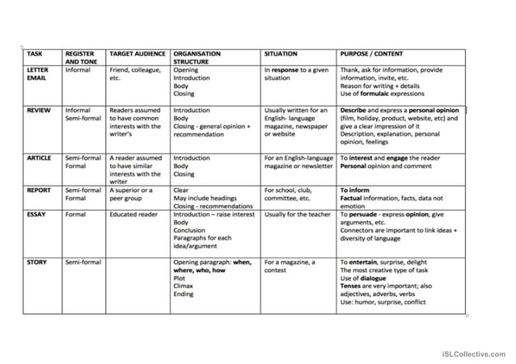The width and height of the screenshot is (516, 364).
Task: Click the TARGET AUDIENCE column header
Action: click(x=137, y=53)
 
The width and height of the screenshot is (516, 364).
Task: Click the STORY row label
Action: click(x=36, y=262)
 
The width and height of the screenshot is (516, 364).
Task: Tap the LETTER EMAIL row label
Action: click(x=38, y=74)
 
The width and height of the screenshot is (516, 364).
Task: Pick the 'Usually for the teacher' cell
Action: click(x=298, y=215)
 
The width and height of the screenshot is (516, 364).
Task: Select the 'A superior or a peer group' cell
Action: click(x=131, y=195)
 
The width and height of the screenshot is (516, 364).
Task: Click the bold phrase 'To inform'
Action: click(x=354, y=190)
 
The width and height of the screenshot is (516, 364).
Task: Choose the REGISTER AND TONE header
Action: click(x=82, y=57)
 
